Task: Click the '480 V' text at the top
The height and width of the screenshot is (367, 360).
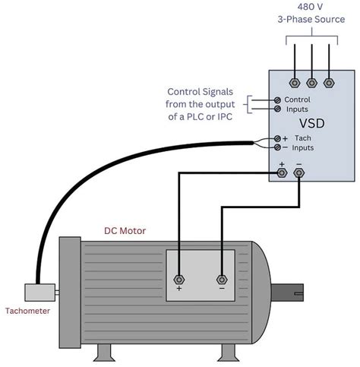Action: coord(311,5)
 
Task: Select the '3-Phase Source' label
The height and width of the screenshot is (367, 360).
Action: coord(311,19)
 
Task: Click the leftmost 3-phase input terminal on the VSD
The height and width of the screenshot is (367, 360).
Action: coord(293,82)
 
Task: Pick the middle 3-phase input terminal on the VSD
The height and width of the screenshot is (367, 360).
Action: coord(311,82)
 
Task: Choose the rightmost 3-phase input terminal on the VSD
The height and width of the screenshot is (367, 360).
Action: coord(328,82)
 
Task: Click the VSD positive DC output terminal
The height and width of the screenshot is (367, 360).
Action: coord(282,173)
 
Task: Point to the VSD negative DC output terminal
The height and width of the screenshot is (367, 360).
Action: coord(298,173)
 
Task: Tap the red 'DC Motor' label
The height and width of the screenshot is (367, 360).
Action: coord(125,229)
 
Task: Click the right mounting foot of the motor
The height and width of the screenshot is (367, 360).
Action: coord(228,352)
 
